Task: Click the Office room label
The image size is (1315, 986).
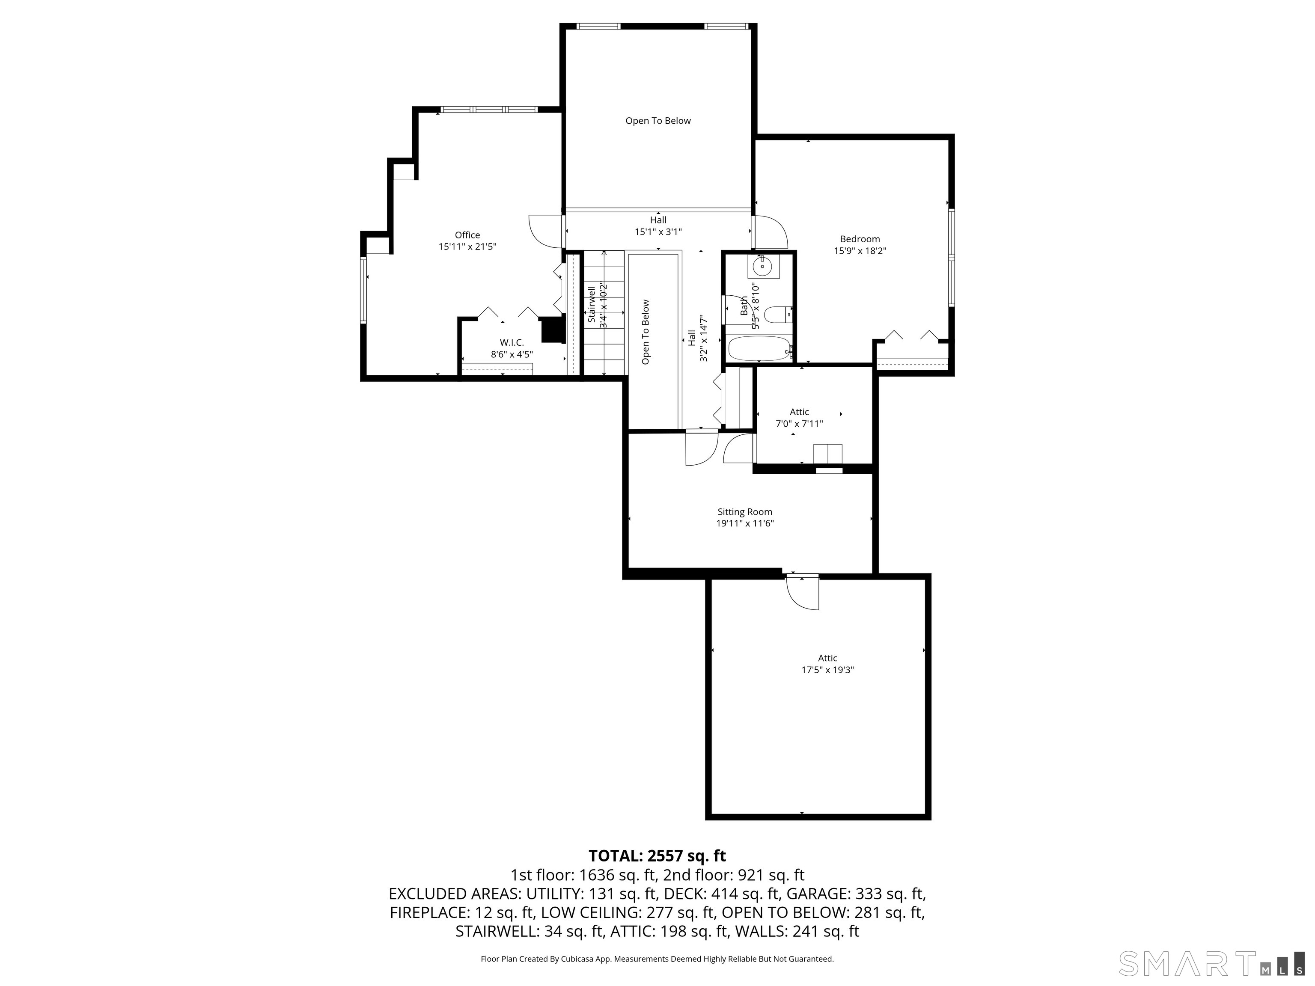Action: point(467,235)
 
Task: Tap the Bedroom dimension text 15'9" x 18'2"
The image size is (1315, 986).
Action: point(860,251)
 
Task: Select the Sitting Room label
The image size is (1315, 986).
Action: point(744,512)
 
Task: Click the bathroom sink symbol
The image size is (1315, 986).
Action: point(763,267)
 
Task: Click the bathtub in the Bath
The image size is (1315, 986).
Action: point(759,348)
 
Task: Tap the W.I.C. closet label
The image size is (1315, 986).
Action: point(511,343)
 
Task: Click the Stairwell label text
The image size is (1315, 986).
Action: point(592,304)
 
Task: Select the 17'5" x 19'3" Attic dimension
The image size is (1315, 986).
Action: point(827,670)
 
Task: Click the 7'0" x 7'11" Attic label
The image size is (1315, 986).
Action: point(799,424)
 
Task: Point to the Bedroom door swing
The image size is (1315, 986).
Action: point(771,232)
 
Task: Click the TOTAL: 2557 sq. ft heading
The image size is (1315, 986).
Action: point(657,856)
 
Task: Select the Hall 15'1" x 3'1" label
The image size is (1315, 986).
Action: point(657,232)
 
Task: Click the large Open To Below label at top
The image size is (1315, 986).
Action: point(657,121)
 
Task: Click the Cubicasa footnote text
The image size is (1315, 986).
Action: point(657,959)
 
